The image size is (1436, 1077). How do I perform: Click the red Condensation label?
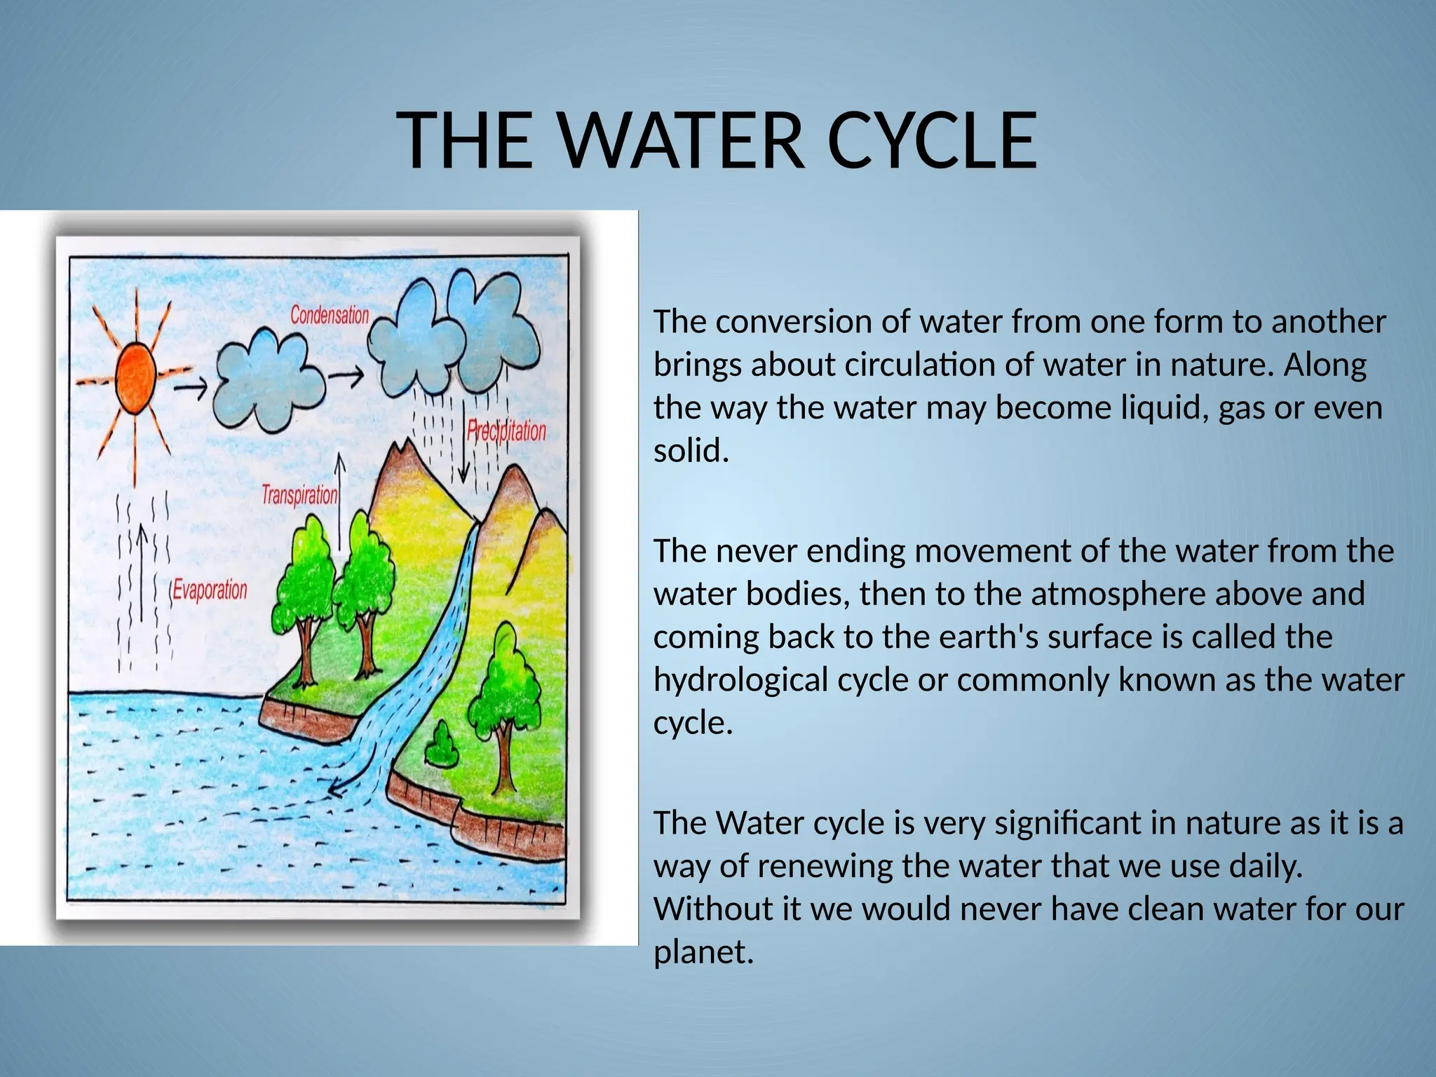330,315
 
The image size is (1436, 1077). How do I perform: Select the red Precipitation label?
506,431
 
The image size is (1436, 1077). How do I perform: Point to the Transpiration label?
299,495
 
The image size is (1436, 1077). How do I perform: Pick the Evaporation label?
210,590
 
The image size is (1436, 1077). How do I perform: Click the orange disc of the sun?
135,379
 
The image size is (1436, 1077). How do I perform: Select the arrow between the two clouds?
346,377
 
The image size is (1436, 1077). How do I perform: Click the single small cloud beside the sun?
269,381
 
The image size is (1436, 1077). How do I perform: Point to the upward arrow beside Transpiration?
340,501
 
